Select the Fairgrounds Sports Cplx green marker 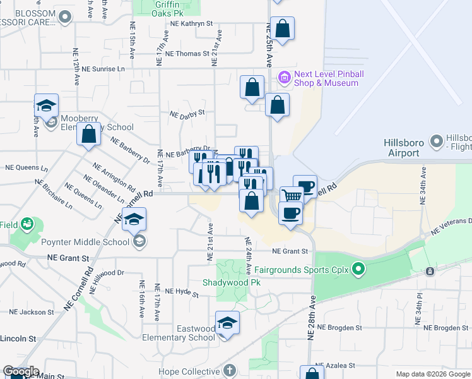tap(358, 270)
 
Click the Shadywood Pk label tap(232, 282)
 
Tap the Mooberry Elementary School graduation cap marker tap(47, 106)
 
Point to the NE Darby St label tap(188, 114)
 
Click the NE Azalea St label tap(334, 366)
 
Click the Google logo tap(21, 371)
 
